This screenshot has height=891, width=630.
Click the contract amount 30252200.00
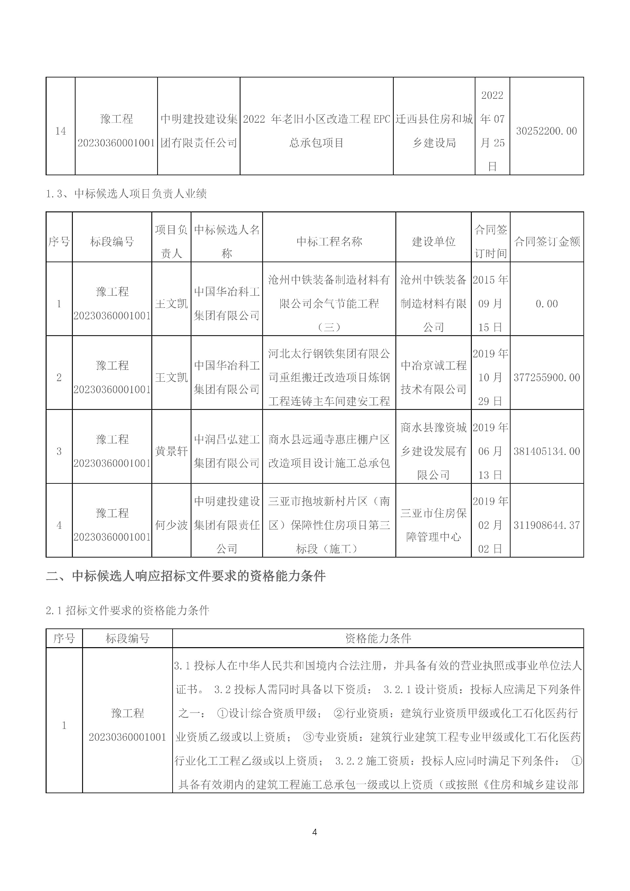point(546,131)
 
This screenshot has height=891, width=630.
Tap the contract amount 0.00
point(546,304)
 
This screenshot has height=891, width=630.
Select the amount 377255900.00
point(546,378)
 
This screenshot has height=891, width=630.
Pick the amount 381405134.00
point(546,451)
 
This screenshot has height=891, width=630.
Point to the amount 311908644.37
point(546,525)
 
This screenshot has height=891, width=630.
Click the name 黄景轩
point(171,451)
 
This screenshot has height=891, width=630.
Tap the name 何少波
point(171,525)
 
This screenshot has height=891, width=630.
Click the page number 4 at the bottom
point(315,832)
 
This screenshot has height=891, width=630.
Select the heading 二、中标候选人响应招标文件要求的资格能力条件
point(186,576)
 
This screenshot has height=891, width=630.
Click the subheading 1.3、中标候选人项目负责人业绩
point(126,194)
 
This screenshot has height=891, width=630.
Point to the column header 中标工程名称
point(329,242)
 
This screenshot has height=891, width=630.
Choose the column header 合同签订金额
point(546,242)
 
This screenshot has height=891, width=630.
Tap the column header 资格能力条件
point(378,638)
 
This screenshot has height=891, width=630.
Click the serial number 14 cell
point(60,131)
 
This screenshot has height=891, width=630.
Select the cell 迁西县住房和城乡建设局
point(434,131)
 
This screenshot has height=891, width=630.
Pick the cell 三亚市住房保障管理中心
point(433,525)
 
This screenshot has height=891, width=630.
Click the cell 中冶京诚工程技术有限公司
point(433,378)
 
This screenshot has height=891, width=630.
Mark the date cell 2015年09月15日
point(490,304)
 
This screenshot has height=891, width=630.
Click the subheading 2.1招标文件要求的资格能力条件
point(128,611)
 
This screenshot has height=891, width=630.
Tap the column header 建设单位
point(433,242)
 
